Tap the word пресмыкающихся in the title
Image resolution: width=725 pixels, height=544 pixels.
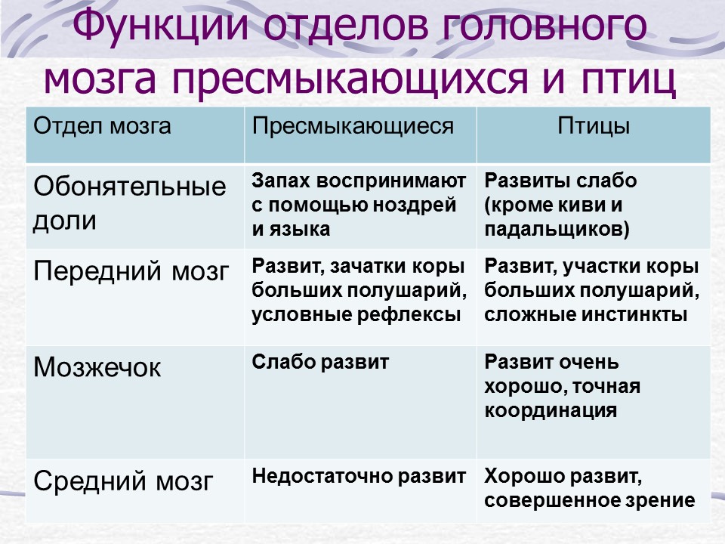[x=350, y=78]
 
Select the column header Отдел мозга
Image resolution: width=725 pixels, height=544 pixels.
[x=102, y=126]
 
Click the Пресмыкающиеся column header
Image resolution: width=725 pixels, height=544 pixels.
[x=353, y=126]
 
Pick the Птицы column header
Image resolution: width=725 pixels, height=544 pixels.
[x=594, y=126]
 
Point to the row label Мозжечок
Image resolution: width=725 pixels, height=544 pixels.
[x=97, y=368]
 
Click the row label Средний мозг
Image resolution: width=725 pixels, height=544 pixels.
[x=123, y=481]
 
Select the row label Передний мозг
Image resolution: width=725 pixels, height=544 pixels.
[x=131, y=270]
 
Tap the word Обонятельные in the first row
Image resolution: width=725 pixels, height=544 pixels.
[x=129, y=187]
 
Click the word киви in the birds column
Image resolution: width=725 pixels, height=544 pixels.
[x=588, y=205]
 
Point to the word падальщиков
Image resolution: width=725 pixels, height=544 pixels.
[x=557, y=230]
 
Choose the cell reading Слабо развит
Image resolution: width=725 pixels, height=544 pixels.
[x=320, y=362]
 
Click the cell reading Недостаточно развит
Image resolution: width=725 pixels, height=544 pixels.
[x=358, y=476]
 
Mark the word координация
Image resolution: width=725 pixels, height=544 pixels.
[x=551, y=411]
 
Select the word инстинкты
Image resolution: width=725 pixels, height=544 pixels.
[x=634, y=314]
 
